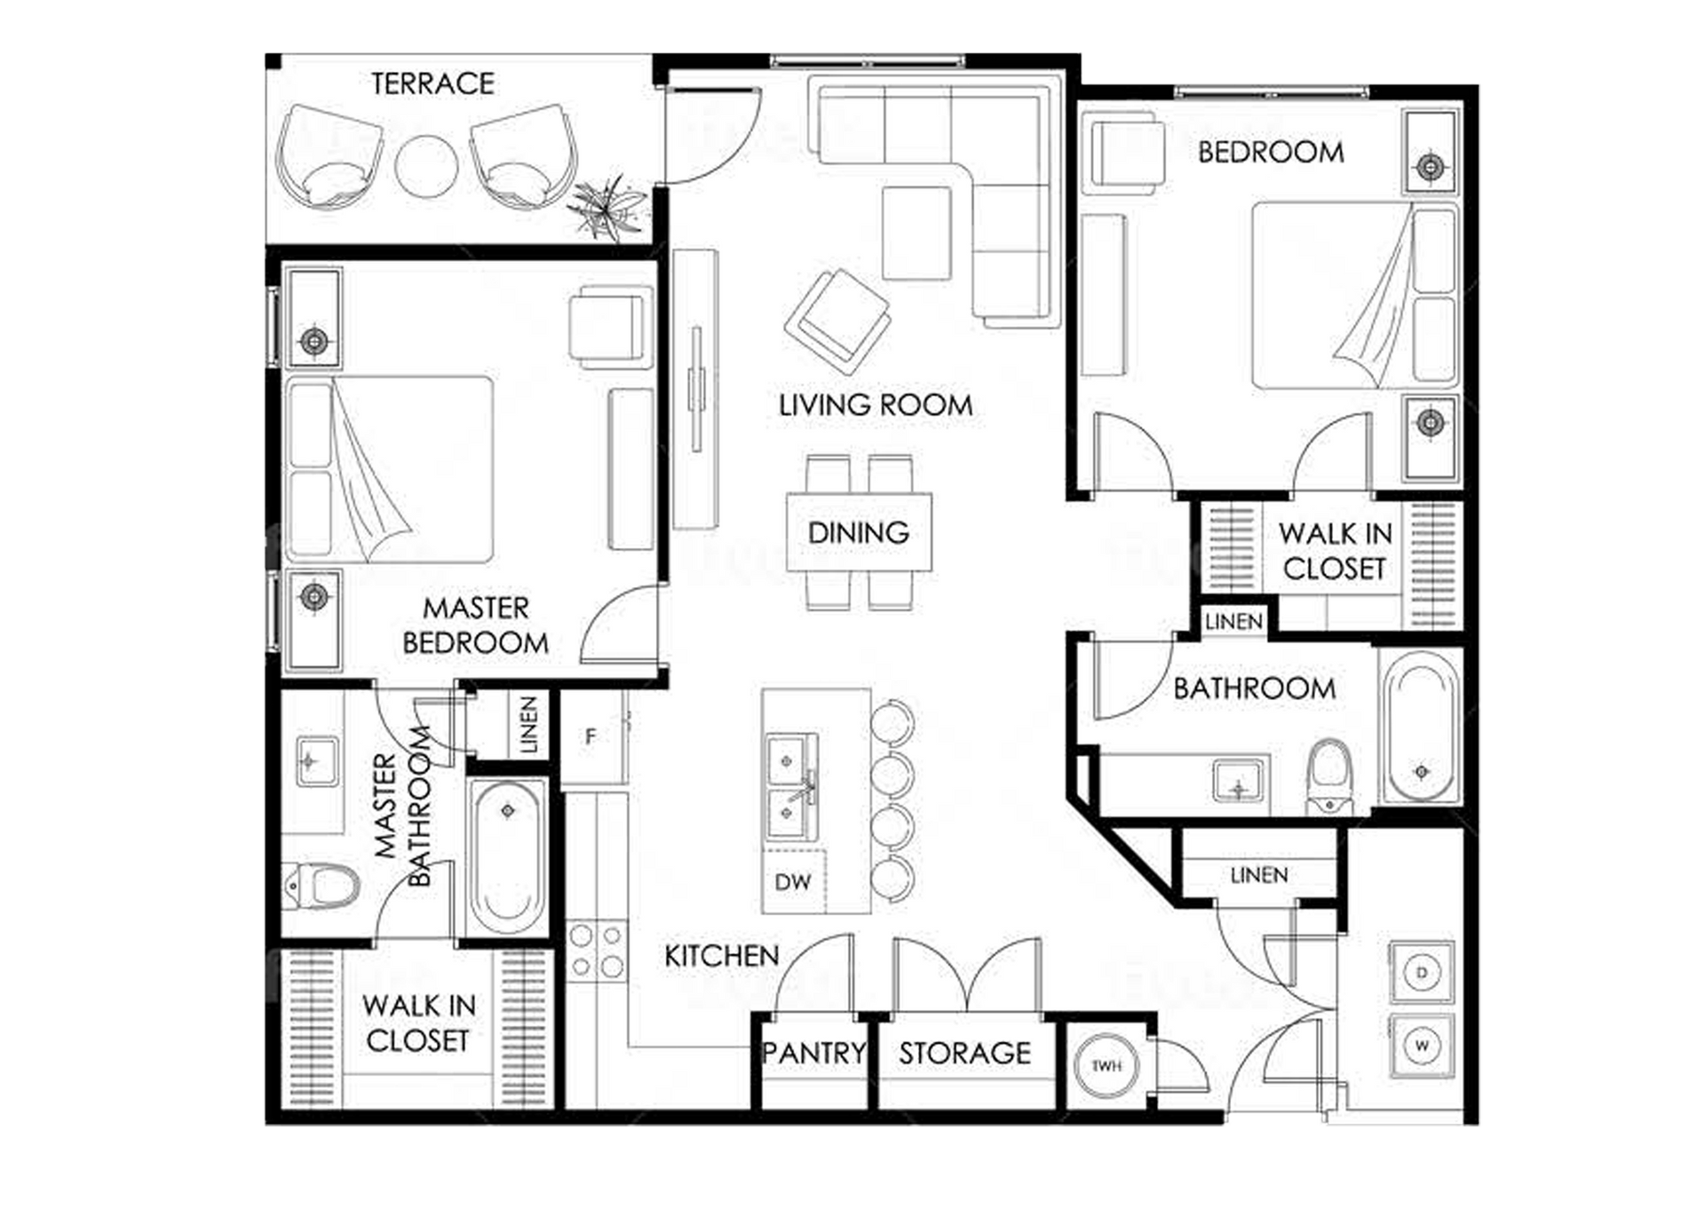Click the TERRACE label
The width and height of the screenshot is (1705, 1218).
(432, 84)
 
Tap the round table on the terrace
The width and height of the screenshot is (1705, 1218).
(427, 166)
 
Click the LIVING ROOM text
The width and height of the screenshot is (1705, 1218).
(876, 405)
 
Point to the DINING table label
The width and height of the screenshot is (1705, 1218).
(859, 532)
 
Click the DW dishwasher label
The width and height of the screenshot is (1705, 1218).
(793, 882)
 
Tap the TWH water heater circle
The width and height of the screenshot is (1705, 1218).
(1106, 1065)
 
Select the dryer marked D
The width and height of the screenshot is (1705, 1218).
(1422, 973)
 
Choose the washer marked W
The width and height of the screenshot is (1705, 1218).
(1422, 1046)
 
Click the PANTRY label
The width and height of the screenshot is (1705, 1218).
(813, 1053)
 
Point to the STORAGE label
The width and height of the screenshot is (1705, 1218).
(965, 1054)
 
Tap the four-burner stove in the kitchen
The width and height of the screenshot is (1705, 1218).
(597, 951)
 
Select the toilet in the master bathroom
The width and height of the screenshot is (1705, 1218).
(321, 886)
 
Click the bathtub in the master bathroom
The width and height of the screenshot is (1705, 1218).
(507, 856)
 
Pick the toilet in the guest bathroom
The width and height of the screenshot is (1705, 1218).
(1329, 776)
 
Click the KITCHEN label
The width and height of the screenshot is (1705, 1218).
(722, 956)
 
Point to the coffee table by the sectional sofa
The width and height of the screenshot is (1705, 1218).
(917, 234)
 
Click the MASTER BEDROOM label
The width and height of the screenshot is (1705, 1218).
(476, 625)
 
